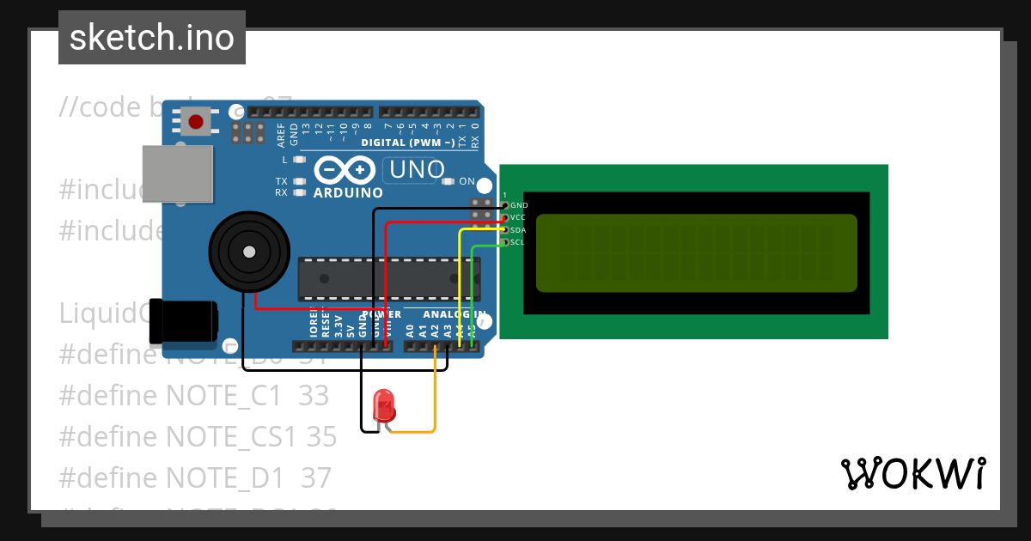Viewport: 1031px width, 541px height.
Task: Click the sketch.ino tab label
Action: pyautogui.click(x=152, y=38)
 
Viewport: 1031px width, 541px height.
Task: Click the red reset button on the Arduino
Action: pyautogui.click(x=198, y=120)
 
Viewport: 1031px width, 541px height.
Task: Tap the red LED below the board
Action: pyautogui.click(x=384, y=403)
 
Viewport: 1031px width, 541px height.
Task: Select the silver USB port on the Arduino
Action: pyautogui.click(x=177, y=173)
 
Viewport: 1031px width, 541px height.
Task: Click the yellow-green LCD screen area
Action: pyautogui.click(x=696, y=253)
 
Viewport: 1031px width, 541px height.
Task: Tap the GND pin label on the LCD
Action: pyautogui.click(x=519, y=206)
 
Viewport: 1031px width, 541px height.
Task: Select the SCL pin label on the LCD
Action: pyautogui.click(x=517, y=242)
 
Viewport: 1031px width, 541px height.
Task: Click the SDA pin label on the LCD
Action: pyautogui.click(x=518, y=230)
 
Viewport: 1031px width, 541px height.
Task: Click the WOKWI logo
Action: pyautogui.click(x=912, y=474)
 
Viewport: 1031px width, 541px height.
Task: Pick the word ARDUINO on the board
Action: pyautogui.click(x=348, y=193)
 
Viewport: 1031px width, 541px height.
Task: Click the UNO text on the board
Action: pyautogui.click(x=417, y=170)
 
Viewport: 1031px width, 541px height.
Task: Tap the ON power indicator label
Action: pyautogui.click(x=467, y=181)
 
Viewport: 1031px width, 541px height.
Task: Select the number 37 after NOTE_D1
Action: pyautogui.click(x=317, y=477)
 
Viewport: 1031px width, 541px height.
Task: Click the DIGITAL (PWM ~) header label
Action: pyautogui.click(x=408, y=143)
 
